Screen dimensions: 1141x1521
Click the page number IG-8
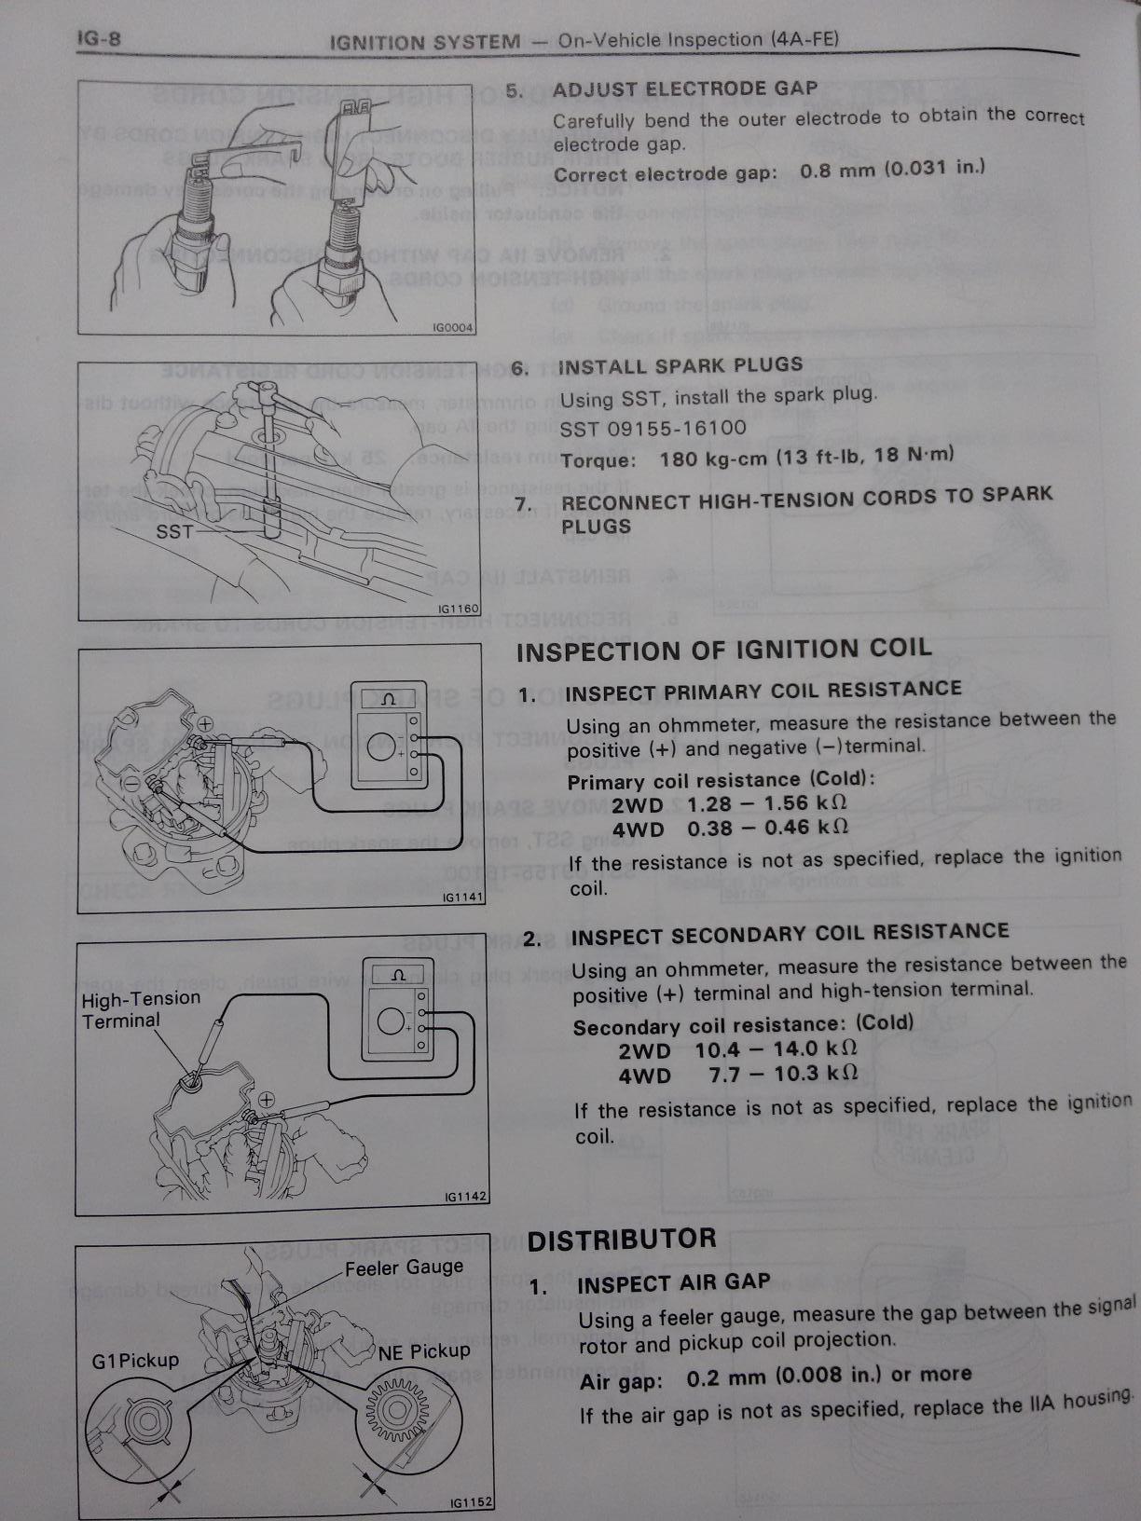[99, 39]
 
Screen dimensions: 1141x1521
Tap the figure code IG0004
[453, 327]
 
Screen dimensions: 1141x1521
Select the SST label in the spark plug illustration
[174, 531]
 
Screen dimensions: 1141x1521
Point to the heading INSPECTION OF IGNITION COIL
[724, 650]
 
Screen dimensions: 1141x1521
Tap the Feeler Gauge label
[404, 1267]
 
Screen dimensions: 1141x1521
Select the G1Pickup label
[135, 1361]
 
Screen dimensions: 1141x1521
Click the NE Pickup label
[424, 1351]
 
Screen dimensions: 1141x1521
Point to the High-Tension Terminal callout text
[141, 1009]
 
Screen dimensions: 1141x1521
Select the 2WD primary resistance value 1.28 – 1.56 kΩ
[767, 803]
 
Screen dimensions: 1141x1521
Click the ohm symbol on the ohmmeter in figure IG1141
[388, 701]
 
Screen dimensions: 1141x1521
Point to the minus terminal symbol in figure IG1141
[131, 782]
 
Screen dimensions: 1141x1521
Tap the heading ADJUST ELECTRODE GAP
[685, 89]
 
